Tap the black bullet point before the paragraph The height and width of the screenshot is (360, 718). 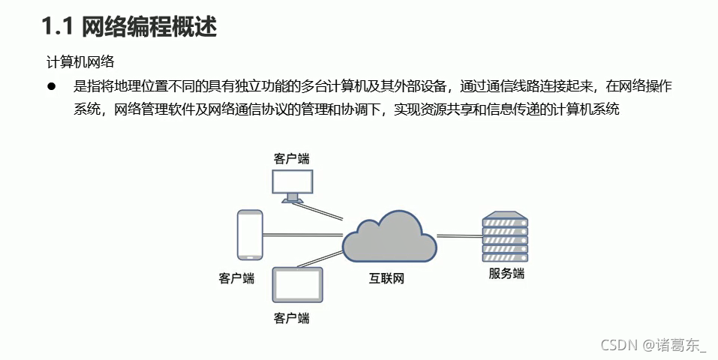pos(53,87)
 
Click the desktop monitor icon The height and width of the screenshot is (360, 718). pos(293,182)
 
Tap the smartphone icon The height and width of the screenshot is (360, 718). pos(250,235)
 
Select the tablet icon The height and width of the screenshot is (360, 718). pos(297,286)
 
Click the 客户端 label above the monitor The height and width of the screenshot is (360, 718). pos(292,158)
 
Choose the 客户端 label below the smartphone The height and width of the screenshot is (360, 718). pos(236,279)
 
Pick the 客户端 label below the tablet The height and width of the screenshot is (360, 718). pos(292,318)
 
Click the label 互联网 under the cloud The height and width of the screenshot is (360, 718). pos(386,279)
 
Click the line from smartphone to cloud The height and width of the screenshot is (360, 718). pos(302,235)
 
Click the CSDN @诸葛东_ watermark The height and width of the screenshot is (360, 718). pos(653,345)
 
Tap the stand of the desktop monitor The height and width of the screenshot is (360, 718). pos(293,199)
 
